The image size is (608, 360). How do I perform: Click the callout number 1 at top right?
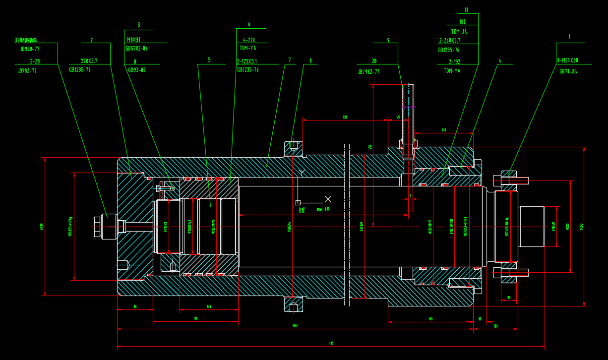pyautogui.click(x=569, y=37)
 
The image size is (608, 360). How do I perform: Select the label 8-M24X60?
pyautogui.click(x=567, y=60)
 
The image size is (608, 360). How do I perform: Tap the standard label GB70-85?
pyautogui.click(x=568, y=71)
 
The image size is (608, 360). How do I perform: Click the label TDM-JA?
pyautogui.click(x=459, y=32)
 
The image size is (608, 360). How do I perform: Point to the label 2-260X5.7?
pyautogui.click(x=449, y=41)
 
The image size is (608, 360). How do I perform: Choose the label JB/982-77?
pyautogui.click(x=368, y=72)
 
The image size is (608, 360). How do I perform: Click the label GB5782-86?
pyautogui.click(x=136, y=49)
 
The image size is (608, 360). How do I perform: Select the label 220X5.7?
pyautogui.click(x=89, y=61)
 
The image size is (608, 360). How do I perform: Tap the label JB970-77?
pyautogui.click(x=30, y=49)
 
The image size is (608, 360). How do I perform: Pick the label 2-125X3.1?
pyautogui.click(x=247, y=61)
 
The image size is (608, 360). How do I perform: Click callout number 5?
pyautogui.click(x=209, y=60)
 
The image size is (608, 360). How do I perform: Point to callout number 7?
pyautogui.click(x=290, y=60)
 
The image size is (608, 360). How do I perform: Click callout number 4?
pyautogui.click(x=500, y=60)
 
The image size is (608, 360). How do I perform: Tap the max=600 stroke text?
pyautogui.click(x=323, y=209)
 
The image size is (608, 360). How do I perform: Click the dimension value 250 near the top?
pyautogui.click(x=345, y=118)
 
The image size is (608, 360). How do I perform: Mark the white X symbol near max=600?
pyautogui.click(x=328, y=199)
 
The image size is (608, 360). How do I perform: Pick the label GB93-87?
pyautogui.click(x=137, y=70)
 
